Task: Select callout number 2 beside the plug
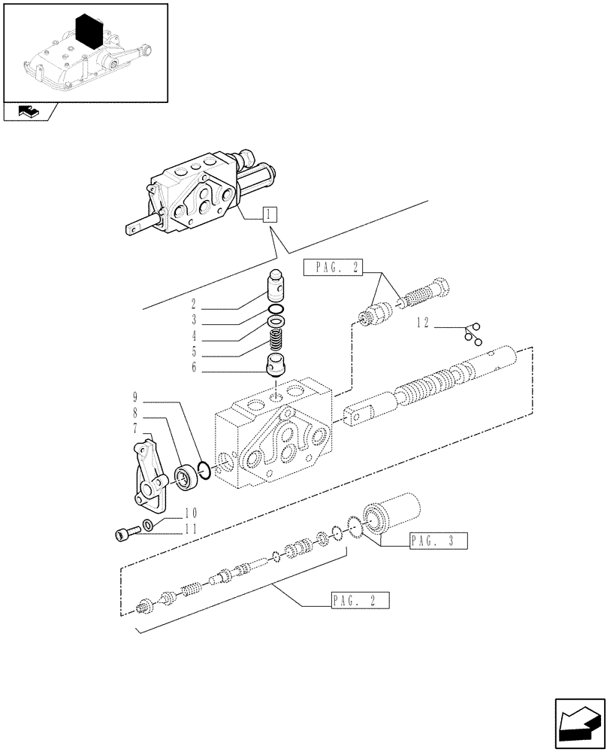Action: coord(193,305)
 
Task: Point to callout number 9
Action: coord(134,396)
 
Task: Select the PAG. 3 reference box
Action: coord(439,540)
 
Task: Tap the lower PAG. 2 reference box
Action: coord(358,600)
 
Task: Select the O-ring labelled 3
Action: coord(276,310)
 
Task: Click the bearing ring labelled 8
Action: coord(183,478)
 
